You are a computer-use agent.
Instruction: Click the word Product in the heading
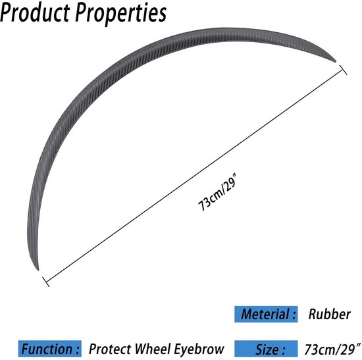click(35, 13)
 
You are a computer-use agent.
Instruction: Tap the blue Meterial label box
click(266, 314)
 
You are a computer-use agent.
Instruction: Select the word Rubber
click(330, 315)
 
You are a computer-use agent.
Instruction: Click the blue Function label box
click(49, 349)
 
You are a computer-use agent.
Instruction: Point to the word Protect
click(110, 349)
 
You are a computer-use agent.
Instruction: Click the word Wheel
click(153, 349)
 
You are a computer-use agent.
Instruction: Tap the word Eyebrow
click(199, 349)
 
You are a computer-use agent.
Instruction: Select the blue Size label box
click(266, 349)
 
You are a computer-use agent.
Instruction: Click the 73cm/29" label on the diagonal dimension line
click(217, 194)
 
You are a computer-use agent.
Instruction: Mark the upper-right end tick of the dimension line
click(343, 70)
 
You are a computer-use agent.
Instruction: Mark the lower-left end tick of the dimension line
click(45, 282)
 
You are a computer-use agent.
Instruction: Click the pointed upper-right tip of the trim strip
click(335, 61)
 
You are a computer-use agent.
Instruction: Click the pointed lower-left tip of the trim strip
click(38, 270)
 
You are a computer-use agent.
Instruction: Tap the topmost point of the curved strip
click(222, 28)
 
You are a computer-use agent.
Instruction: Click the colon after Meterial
click(294, 315)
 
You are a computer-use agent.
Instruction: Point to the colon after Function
click(77, 349)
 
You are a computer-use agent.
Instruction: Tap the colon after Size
click(283, 350)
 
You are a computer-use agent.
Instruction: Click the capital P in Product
click(6, 13)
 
